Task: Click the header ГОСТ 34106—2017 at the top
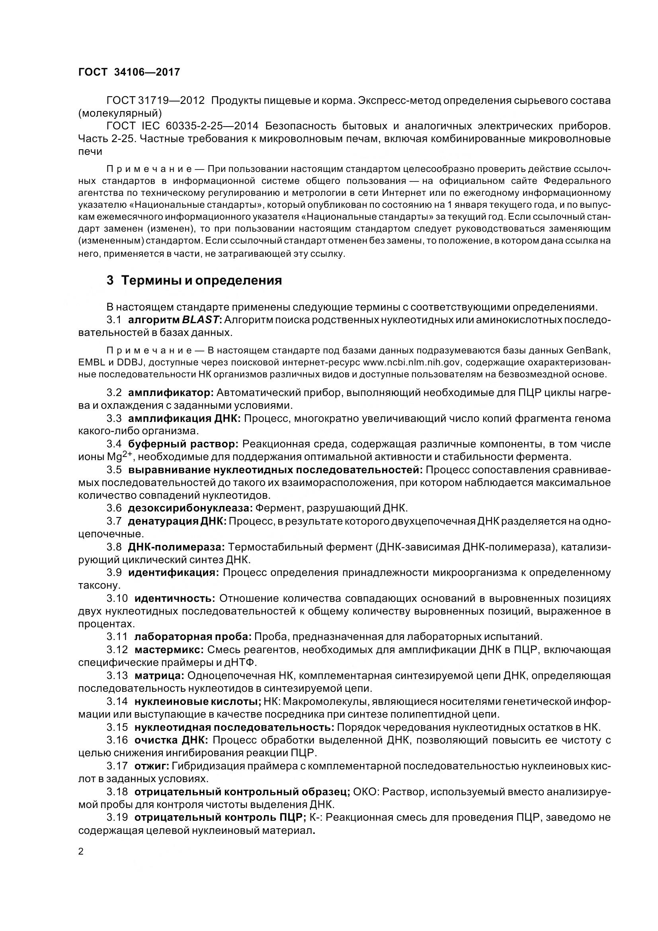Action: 129,72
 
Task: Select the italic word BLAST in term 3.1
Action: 200,320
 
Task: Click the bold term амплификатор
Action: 170,392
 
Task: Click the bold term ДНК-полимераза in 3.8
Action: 176,547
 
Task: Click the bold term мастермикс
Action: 169,650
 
